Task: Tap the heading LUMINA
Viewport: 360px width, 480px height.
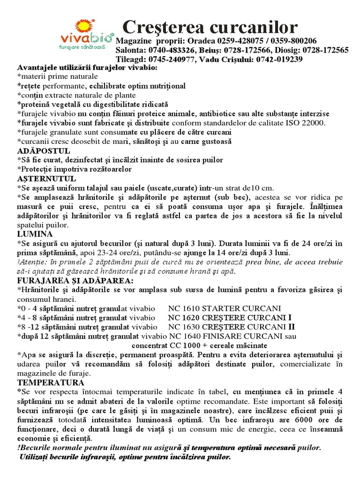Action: pos(35,233)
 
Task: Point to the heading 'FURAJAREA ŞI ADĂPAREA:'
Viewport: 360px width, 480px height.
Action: pos(75,280)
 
